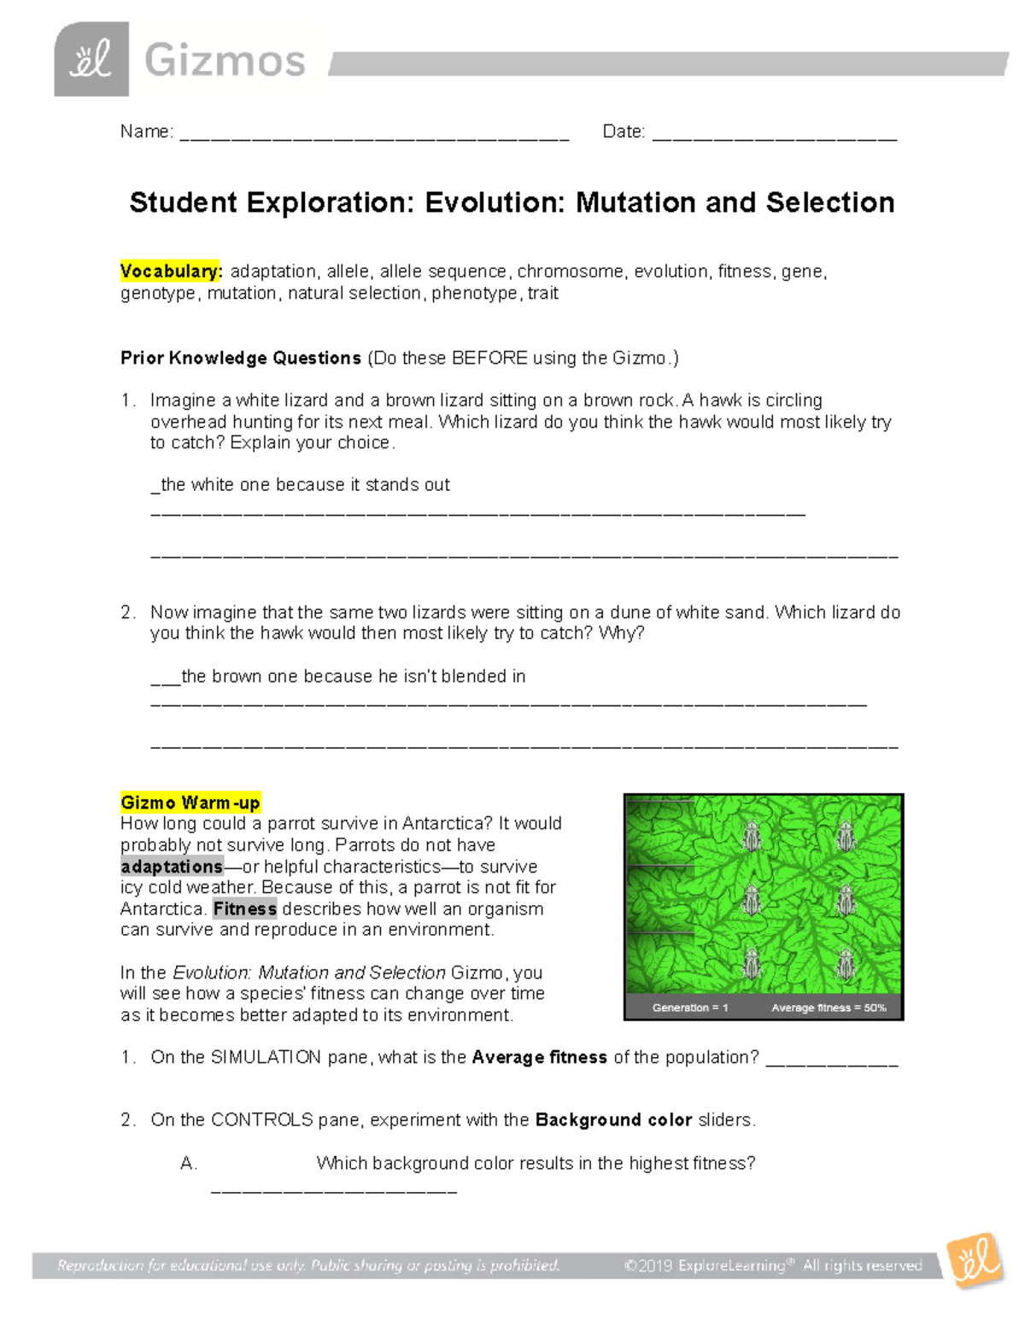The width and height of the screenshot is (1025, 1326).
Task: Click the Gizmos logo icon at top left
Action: pos(91,60)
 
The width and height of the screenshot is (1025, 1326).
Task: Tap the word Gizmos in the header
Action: pos(225,61)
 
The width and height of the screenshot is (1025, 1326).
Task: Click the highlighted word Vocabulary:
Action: pos(171,272)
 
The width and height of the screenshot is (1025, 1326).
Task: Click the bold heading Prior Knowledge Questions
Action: pos(241,358)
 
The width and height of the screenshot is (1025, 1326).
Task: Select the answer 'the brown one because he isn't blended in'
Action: pos(353,676)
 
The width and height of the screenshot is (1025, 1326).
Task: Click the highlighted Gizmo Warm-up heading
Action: pos(190,803)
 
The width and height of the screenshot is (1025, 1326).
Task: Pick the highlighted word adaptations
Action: pos(172,867)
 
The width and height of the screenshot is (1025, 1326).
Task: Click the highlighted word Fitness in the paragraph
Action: pos(244,908)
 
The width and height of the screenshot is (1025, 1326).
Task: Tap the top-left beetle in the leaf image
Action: pos(753,836)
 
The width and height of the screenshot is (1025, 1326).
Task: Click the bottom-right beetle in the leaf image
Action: pos(846,965)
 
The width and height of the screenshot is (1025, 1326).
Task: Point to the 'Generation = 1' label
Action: pos(690,1008)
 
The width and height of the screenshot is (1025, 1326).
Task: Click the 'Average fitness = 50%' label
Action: pos(829,1008)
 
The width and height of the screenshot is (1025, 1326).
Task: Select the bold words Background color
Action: pos(613,1119)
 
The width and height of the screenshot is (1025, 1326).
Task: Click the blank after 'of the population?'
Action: pos(832,1059)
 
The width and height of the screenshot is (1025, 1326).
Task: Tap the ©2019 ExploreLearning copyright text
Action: pos(773,1265)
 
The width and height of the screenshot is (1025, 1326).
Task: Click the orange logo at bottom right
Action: pos(976,1260)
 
